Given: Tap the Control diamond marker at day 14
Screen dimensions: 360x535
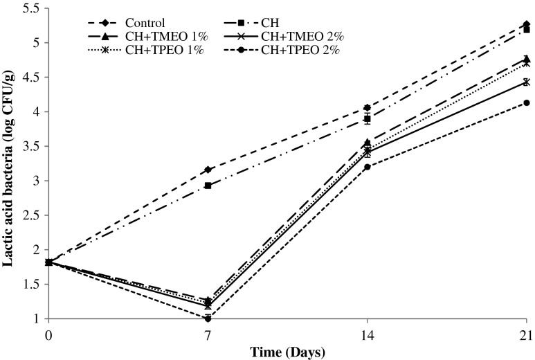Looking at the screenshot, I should (x=367, y=108).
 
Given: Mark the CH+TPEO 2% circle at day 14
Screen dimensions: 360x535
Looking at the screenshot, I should (x=367, y=167).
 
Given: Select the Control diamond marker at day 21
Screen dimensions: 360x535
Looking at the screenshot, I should (x=527, y=24).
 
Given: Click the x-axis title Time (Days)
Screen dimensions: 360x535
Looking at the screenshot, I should (x=287, y=351).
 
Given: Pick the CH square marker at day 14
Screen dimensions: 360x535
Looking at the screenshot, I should (x=367, y=119).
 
